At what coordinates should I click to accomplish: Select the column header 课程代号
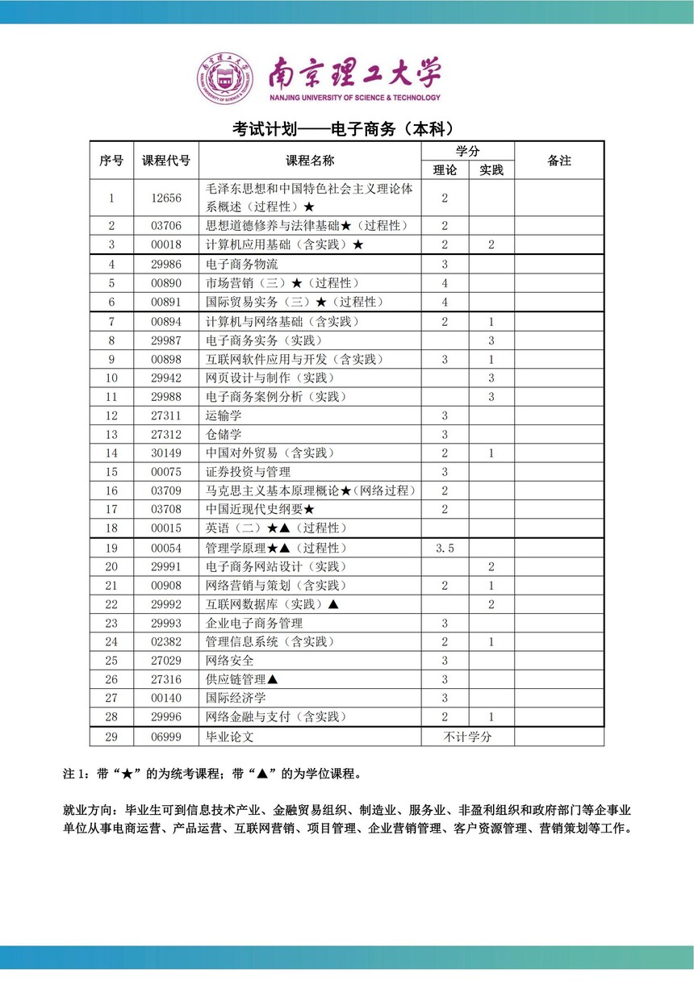(x=166, y=161)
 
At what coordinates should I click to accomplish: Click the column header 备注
(x=558, y=161)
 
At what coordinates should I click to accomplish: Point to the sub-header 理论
(x=445, y=170)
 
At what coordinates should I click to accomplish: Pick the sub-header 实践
(x=491, y=170)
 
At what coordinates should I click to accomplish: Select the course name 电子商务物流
(x=242, y=264)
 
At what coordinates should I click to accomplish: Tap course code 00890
(x=166, y=283)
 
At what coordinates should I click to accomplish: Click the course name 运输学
(x=224, y=415)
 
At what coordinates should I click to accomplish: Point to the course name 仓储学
(x=224, y=434)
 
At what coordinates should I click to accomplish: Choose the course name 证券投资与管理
(x=248, y=472)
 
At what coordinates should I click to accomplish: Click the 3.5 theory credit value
(x=445, y=548)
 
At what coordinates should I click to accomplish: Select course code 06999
(x=166, y=737)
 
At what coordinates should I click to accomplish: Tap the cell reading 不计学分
(x=467, y=737)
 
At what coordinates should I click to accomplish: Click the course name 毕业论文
(x=230, y=737)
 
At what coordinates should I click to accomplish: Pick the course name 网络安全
(x=230, y=661)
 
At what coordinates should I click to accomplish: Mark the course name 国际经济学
(x=236, y=698)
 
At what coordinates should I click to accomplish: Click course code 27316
(x=166, y=679)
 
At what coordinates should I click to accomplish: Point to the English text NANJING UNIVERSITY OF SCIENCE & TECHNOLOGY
(x=355, y=98)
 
